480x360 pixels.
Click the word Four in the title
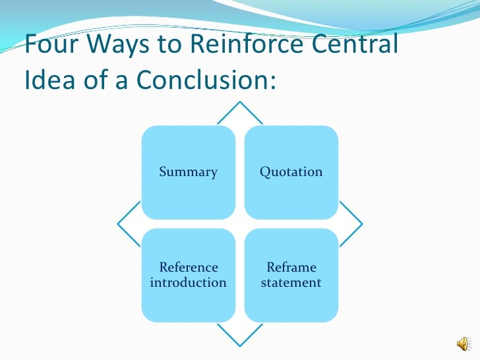51,46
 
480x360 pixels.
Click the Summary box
189,172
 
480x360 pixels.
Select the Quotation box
291,172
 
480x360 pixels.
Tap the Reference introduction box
189,275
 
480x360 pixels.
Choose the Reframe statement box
291,275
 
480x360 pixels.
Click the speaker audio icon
464,344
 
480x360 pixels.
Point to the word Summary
189,172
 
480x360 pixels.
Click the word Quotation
291,172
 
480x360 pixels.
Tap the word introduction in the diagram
189,283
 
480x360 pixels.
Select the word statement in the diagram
291,283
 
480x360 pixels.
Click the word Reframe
291,268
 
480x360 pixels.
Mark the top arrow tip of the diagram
240,103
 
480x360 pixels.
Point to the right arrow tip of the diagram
361,224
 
